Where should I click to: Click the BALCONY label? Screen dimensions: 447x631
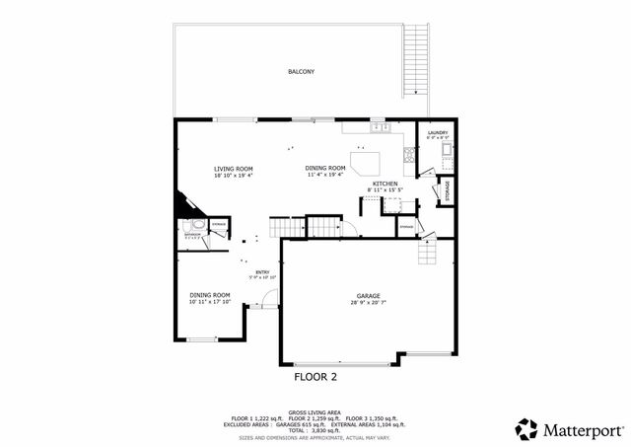(x=301, y=72)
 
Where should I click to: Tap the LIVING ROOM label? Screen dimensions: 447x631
(x=234, y=169)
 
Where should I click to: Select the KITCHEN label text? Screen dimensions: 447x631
(x=385, y=183)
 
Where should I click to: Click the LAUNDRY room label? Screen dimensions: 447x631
(x=438, y=133)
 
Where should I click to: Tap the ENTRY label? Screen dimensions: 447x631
(x=262, y=272)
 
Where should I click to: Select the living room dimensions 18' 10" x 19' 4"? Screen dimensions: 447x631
(x=234, y=176)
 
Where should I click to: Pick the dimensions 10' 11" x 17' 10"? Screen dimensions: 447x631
(x=210, y=302)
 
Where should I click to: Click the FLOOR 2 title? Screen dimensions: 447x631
(x=315, y=377)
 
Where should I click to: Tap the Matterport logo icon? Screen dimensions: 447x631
(x=526, y=429)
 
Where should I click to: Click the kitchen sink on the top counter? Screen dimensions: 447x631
(x=378, y=127)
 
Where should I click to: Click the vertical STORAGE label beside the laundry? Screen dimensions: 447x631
(x=448, y=190)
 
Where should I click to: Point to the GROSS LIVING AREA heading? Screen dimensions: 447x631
(x=315, y=412)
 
